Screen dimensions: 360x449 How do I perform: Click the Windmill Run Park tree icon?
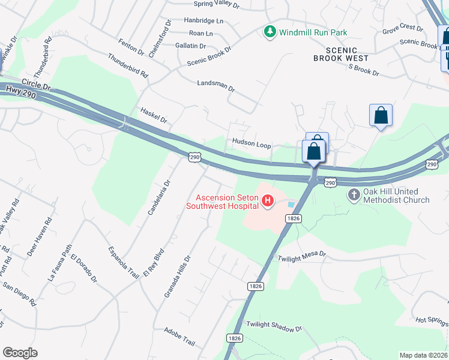tap(270, 32)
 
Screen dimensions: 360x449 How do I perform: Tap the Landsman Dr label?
tap(216, 85)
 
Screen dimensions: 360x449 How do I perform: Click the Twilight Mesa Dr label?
tap(301, 256)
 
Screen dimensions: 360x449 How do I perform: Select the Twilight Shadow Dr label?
tap(274, 326)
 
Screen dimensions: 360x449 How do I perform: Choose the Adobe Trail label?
tap(179, 337)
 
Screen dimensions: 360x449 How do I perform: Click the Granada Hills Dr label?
tap(177, 277)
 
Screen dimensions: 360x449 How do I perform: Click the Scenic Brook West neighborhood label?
tap(344, 54)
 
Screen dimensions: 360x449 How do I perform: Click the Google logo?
tap(20, 353)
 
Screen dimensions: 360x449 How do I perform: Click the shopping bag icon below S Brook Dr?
tap(381, 115)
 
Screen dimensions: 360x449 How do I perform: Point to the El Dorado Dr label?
tap(83, 268)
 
